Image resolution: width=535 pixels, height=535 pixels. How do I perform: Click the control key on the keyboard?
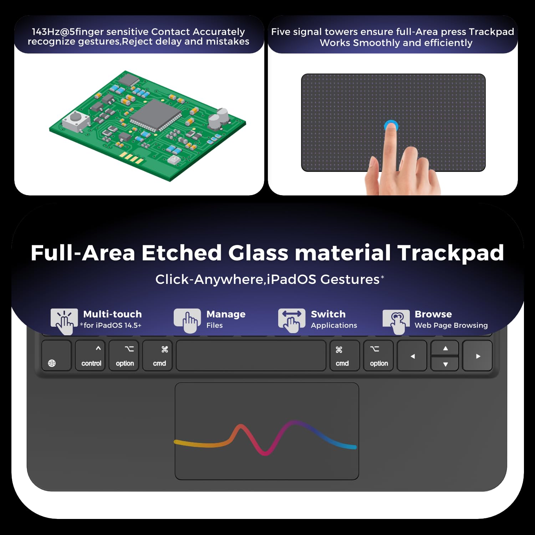90,356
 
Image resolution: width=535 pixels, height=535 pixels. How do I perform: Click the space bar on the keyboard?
251,356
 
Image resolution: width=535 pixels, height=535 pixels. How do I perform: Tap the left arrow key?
412,356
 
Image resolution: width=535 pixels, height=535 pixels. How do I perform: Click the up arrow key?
445,348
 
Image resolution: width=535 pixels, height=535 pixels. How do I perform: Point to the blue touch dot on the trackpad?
391,126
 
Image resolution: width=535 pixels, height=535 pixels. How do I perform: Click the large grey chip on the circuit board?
156,115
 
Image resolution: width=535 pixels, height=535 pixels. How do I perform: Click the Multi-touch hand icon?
64,321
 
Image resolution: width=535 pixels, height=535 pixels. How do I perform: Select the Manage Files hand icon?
187,321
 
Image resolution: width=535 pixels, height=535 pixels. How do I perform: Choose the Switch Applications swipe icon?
292,321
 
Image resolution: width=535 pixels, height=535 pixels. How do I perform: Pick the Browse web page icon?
396,321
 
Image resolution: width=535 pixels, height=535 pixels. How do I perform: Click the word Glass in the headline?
258,253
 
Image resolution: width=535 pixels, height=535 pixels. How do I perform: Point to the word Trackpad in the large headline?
450,253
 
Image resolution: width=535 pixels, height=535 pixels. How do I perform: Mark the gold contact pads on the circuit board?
132,157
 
